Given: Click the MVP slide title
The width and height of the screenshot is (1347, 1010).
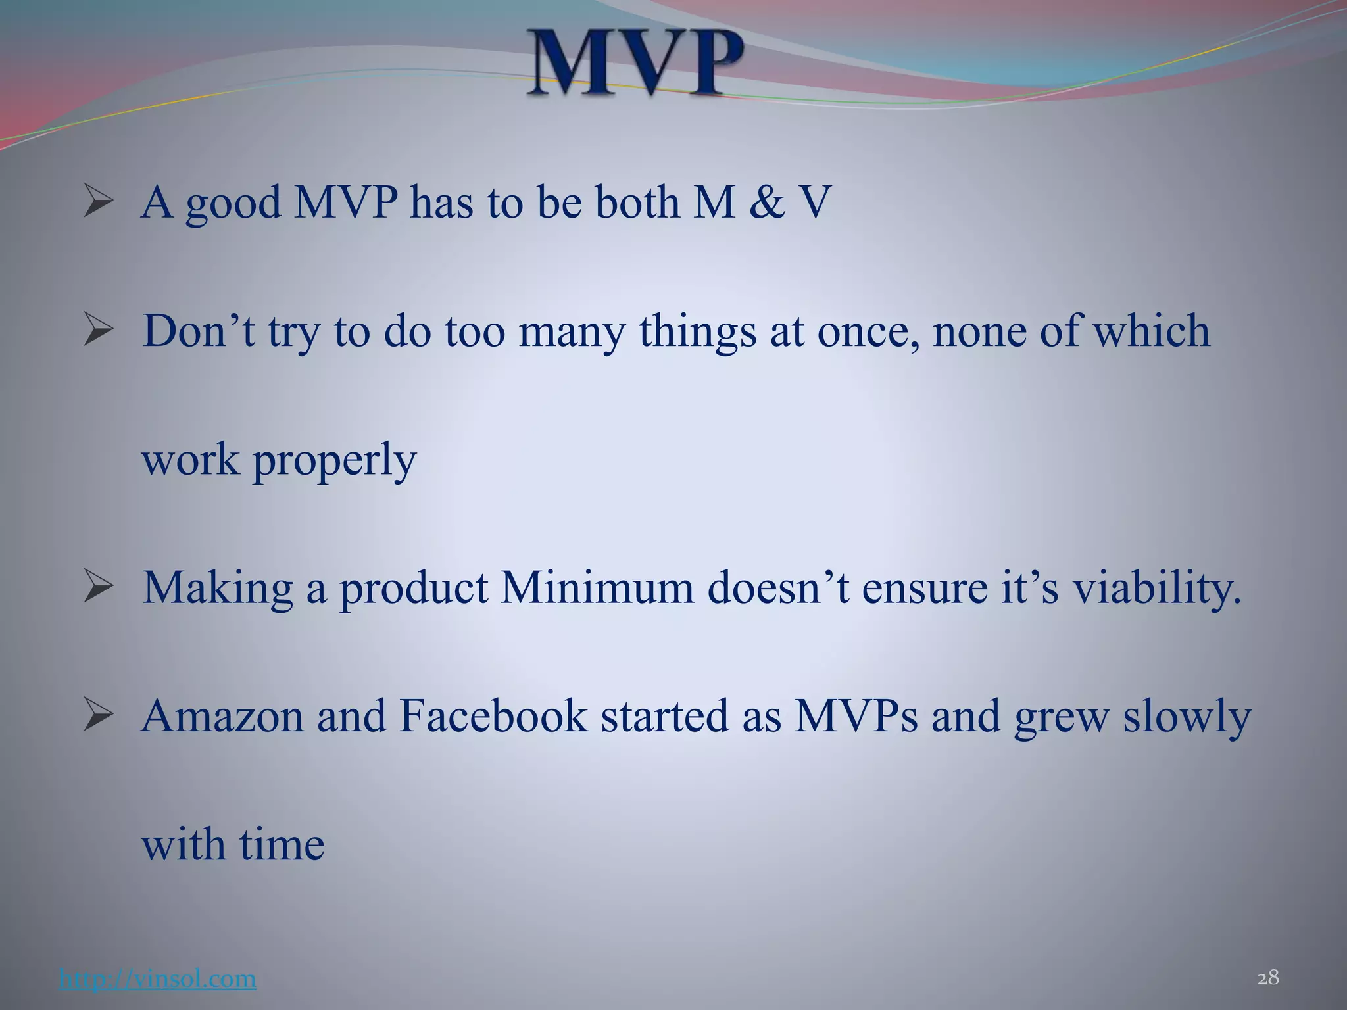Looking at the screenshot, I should click(x=637, y=64).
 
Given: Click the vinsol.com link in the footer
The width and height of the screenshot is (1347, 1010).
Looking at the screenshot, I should click(x=157, y=978).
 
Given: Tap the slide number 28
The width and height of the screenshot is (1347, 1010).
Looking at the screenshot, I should click(x=1268, y=978).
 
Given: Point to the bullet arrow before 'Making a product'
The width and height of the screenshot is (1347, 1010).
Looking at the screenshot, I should click(x=99, y=588).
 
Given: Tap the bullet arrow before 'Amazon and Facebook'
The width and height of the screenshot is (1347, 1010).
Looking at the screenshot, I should click(x=99, y=716).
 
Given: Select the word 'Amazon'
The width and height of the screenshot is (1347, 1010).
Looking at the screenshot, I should click(x=222, y=716).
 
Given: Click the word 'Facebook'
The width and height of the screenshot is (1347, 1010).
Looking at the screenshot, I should click(x=493, y=716).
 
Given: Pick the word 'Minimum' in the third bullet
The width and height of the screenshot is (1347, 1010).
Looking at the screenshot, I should click(x=597, y=587).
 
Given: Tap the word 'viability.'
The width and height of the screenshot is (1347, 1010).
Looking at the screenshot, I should click(x=1157, y=587).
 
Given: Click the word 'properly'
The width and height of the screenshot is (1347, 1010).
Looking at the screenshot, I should click(x=335, y=460).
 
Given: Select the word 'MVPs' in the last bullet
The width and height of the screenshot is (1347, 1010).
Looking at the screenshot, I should click(x=856, y=716).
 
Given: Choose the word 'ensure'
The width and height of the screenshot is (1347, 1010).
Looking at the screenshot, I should click(x=924, y=587).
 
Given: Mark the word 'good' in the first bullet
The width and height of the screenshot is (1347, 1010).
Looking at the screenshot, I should click(x=233, y=203).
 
